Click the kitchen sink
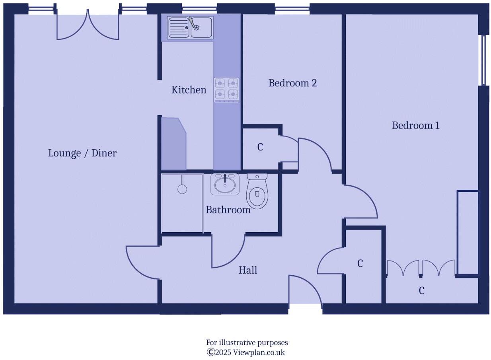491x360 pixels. pyautogui.click(x=190, y=27)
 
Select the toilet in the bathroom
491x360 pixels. pyautogui.click(x=257, y=192)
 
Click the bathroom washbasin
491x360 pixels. pyautogui.click(x=225, y=184)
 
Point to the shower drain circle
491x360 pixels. pyautogui.click(x=182, y=189)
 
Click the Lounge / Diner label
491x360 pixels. pyautogui.click(x=82, y=153)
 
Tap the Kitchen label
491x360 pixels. pyautogui.click(x=189, y=90)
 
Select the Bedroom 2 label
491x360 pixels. pyautogui.click(x=292, y=83)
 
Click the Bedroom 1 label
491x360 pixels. pyautogui.click(x=416, y=126)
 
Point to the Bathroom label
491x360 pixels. pyautogui.click(x=228, y=210)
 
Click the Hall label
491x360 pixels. pyautogui.click(x=248, y=270)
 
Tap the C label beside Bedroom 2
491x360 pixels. pyautogui.click(x=260, y=147)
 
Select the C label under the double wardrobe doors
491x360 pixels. pyautogui.click(x=421, y=291)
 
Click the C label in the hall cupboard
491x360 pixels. pyautogui.click(x=360, y=263)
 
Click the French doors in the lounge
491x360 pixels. pyautogui.click(x=88, y=26)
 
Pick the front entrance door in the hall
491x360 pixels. pyautogui.click(x=305, y=290)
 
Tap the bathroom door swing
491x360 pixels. pyautogui.click(x=228, y=251)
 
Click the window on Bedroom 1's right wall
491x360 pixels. pyautogui.click(x=484, y=60)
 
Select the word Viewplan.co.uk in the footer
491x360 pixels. pyautogui.click(x=259, y=352)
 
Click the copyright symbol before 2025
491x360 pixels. pyautogui.click(x=210, y=352)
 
